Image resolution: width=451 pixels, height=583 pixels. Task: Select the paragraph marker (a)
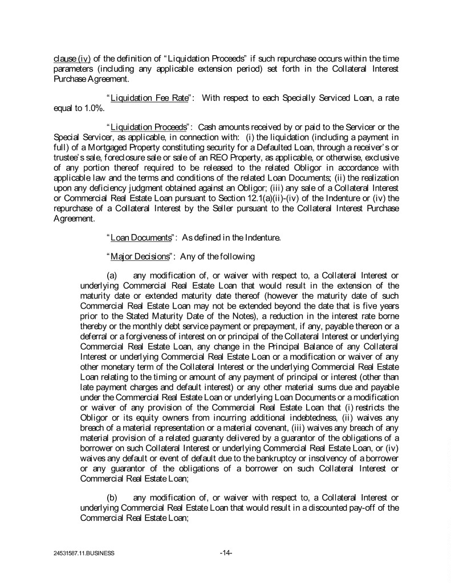[x=112, y=276]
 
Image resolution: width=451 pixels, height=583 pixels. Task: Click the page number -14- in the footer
[x=225, y=552]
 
